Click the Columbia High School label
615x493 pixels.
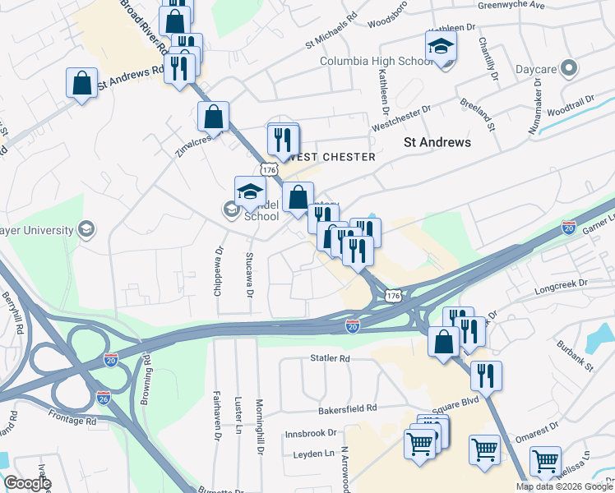pos(376,61)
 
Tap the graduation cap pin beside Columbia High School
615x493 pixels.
pos(441,48)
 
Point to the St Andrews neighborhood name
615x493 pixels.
pos(437,142)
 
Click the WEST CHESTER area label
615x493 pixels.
pos(332,157)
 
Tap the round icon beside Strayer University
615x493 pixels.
pos(85,228)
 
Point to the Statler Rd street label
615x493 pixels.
pos(330,359)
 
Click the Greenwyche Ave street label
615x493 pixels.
pos(512,5)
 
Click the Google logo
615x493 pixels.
pos(27,483)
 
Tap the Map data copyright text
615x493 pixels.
pos(564,486)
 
